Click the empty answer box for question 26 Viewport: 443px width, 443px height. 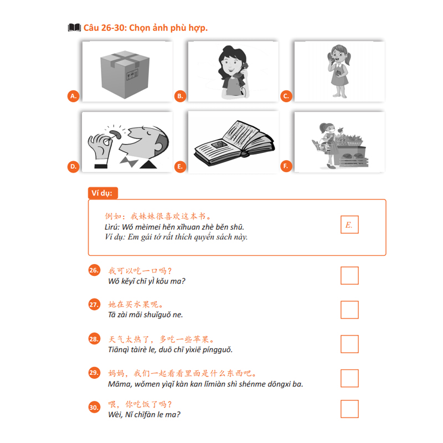click(x=349, y=275)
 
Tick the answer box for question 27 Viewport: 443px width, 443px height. click(x=349, y=310)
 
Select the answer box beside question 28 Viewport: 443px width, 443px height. click(x=349, y=344)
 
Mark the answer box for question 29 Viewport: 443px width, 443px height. click(x=349, y=378)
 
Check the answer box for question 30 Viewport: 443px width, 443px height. click(x=349, y=409)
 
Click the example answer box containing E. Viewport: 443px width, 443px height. click(x=349, y=225)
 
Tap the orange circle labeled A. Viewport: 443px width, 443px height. click(x=73, y=96)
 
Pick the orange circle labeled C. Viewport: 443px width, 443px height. click(x=286, y=96)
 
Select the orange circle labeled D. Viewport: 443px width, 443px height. click(x=73, y=166)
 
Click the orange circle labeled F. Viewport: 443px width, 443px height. click(x=286, y=166)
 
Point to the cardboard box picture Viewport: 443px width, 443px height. click(x=127, y=72)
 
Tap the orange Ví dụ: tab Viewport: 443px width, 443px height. click(x=102, y=193)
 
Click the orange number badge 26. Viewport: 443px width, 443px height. click(x=94, y=270)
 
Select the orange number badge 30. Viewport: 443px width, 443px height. click(x=94, y=408)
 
